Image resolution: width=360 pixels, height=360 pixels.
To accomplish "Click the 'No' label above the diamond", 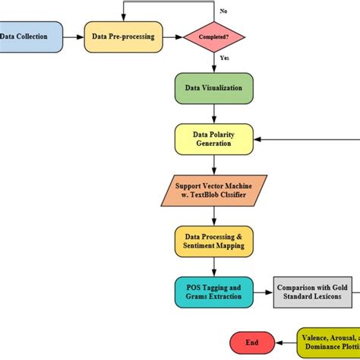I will point(223,11).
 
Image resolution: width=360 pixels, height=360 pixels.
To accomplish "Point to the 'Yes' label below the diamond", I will point(224,58).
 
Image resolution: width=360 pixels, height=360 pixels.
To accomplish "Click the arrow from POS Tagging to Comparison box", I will point(263,291).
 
